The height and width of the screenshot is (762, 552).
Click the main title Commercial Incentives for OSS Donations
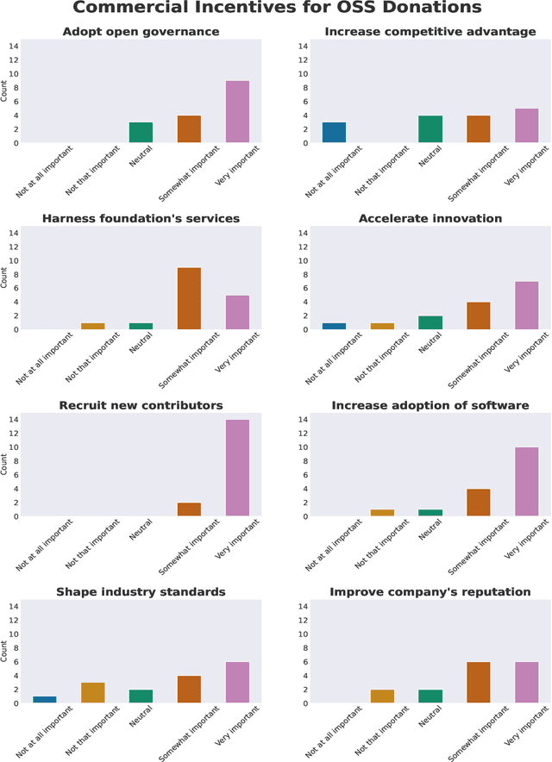[276, 9]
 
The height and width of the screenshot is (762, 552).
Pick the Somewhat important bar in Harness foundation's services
[189, 298]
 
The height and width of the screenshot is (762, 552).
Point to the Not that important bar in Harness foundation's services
[92, 326]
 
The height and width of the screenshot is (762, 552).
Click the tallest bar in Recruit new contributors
[237, 468]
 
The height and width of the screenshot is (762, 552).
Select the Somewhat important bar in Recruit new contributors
[189, 509]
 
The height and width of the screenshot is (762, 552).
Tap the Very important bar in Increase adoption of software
[526, 482]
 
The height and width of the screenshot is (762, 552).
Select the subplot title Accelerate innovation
[430, 218]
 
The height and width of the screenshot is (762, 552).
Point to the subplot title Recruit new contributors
[141, 405]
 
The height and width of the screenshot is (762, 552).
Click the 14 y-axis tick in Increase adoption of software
[302, 420]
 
